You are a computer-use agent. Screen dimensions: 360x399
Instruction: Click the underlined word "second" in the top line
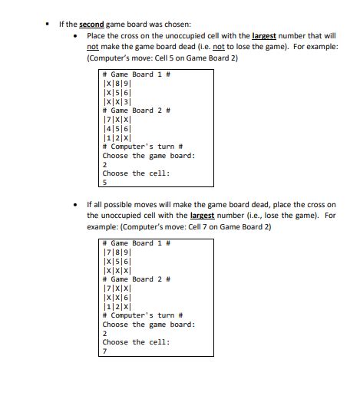(91, 25)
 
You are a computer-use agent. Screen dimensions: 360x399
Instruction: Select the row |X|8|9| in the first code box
(117, 83)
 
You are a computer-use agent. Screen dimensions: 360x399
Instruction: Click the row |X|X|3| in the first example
(117, 101)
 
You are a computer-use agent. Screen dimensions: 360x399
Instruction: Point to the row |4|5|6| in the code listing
(117, 128)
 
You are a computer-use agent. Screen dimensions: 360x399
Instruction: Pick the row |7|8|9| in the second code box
(117, 252)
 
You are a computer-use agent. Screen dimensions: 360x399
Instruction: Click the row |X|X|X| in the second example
(117, 270)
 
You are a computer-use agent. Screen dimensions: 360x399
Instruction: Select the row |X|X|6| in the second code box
(117, 297)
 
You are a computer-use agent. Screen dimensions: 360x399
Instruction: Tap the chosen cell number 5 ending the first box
(104, 182)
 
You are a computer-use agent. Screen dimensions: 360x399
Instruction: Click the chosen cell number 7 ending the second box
(104, 351)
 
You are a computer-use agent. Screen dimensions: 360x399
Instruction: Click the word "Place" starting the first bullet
(96, 36)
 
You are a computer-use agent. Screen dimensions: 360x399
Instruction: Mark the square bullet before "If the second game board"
(48, 25)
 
